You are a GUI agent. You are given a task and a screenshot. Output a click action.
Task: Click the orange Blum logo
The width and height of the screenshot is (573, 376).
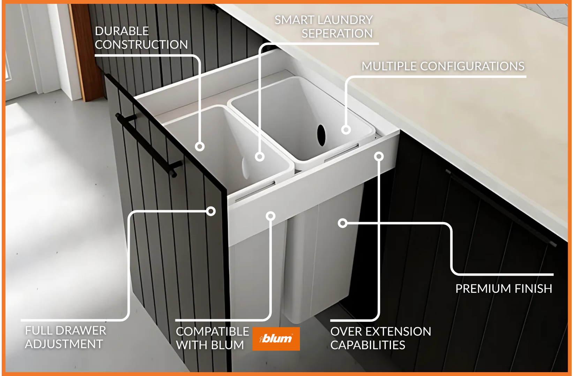click(276, 339)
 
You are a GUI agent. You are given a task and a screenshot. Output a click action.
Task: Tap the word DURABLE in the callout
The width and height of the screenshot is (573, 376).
click(122, 31)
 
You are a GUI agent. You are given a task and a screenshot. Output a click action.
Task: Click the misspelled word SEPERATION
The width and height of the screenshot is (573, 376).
click(337, 33)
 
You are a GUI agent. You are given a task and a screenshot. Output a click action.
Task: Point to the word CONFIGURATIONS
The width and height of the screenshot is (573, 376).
click(472, 66)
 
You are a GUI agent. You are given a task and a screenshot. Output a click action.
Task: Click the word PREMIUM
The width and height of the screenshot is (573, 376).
click(483, 289)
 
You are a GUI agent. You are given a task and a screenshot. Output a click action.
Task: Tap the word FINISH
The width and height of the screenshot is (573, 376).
click(533, 289)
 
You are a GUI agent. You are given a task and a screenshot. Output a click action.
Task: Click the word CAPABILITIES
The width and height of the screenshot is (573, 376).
click(368, 345)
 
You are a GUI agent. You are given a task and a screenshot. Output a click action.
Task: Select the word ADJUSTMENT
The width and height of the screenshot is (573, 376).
click(64, 344)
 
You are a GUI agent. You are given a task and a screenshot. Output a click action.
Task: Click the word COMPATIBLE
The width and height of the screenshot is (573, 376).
click(212, 331)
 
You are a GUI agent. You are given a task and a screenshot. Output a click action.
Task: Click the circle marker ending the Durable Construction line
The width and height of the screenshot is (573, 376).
click(199, 147)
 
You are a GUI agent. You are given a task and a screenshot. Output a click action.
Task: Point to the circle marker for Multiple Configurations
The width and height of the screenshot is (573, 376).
click(346, 130)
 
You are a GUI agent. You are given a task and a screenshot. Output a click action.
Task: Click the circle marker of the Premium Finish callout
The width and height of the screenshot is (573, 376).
click(342, 223)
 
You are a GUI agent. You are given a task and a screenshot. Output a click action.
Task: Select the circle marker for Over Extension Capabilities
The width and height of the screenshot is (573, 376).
click(379, 156)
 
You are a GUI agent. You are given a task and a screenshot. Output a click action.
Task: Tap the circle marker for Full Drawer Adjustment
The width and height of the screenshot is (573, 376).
click(211, 211)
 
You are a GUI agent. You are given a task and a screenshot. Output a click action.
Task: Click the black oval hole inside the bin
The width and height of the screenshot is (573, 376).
click(321, 135)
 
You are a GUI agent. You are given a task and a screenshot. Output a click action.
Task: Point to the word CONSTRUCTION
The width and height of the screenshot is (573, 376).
click(141, 45)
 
